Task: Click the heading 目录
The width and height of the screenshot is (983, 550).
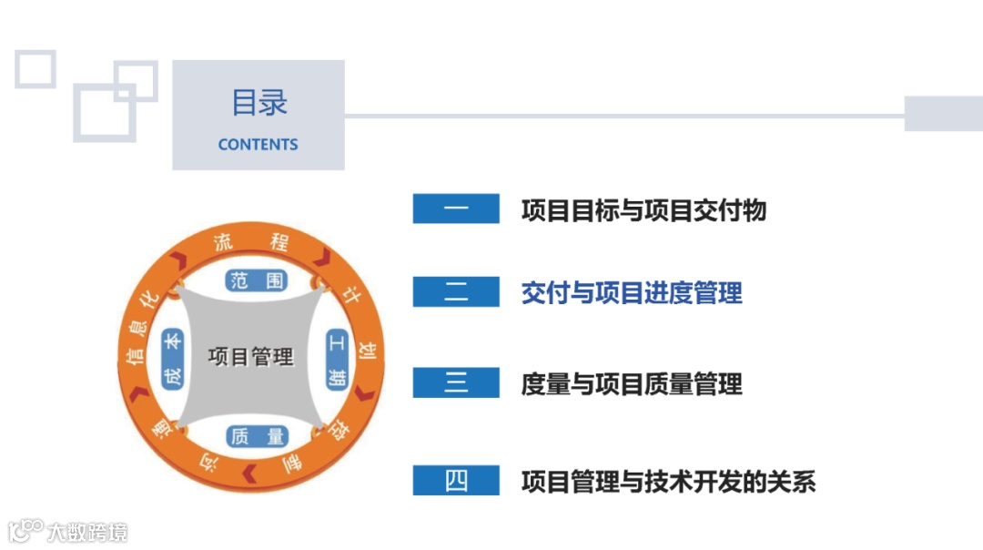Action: (258, 103)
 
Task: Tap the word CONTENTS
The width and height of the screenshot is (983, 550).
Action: (258, 144)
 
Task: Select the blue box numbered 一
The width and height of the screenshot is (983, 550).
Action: (456, 209)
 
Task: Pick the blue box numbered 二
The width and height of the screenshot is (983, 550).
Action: (456, 292)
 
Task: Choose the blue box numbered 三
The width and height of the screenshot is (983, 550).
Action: (456, 382)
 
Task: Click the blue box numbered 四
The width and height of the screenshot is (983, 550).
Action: (456, 480)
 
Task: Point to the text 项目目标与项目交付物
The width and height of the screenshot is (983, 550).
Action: (644, 210)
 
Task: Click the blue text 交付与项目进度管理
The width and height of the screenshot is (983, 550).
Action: (632, 293)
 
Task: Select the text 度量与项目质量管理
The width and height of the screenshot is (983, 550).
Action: (632, 384)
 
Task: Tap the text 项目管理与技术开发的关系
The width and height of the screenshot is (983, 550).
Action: (668, 481)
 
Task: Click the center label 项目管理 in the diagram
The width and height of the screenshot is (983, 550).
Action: (251, 356)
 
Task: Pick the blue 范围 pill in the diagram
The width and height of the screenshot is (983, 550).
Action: (258, 280)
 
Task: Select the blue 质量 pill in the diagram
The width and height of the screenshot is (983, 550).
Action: (258, 437)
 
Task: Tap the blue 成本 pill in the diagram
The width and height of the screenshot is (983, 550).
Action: (171, 359)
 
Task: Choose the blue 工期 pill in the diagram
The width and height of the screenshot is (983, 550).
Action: (338, 359)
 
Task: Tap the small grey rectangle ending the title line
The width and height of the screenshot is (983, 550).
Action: (943, 113)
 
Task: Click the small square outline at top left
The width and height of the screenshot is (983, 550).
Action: (35, 68)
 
